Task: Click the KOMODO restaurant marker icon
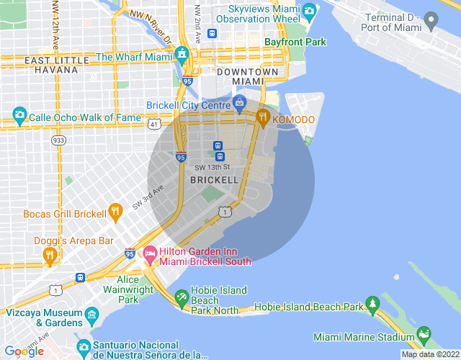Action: [264, 118]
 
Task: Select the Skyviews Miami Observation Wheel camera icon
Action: [310, 11]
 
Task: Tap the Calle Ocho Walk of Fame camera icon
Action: [19, 116]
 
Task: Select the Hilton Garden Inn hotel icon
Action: [150, 253]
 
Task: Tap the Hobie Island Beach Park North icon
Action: [182, 297]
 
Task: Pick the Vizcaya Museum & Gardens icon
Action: [91, 315]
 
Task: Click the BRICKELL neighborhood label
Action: [213, 179]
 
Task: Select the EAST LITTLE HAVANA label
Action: [51, 65]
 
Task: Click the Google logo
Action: [24, 351]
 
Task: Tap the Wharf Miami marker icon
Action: [182, 55]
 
